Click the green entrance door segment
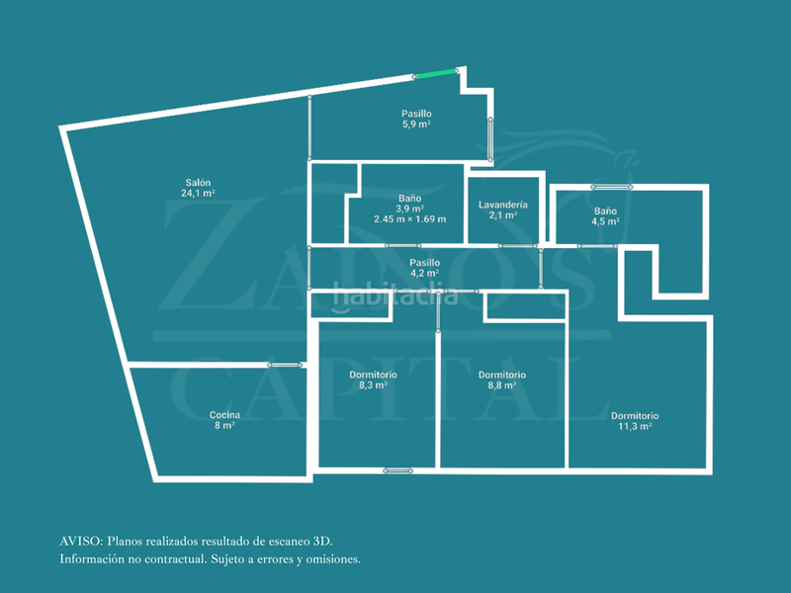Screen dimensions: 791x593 pyautogui.click(x=437, y=73)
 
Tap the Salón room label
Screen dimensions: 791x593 pyautogui.click(x=198, y=183)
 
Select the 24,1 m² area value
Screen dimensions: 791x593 pyautogui.click(x=198, y=193)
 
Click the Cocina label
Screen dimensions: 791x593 pyautogui.click(x=224, y=415)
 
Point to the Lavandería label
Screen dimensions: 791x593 pyautogui.click(x=503, y=205)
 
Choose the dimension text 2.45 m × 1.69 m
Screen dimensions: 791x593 pyautogui.click(x=409, y=219)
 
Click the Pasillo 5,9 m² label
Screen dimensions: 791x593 pyautogui.click(x=416, y=119)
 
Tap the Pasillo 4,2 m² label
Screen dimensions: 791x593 pyautogui.click(x=424, y=268)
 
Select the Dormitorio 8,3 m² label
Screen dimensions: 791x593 pyautogui.click(x=373, y=380)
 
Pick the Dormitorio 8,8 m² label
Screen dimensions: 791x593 pyautogui.click(x=502, y=381)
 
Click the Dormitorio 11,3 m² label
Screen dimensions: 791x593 pyautogui.click(x=635, y=421)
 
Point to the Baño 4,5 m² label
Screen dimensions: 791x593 pyautogui.click(x=605, y=216)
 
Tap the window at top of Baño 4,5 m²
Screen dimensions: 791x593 pyautogui.click(x=611, y=187)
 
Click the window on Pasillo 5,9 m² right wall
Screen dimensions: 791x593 pyautogui.click(x=490, y=139)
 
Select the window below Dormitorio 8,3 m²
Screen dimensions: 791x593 pyautogui.click(x=397, y=470)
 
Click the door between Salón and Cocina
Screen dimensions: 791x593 pyautogui.click(x=285, y=365)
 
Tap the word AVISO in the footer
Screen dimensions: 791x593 pyautogui.click(x=81, y=542)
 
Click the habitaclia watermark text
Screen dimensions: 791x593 pyautogui.click(x=395, y=295)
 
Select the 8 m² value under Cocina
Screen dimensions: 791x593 pyautogui.click(x=224, y=426)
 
